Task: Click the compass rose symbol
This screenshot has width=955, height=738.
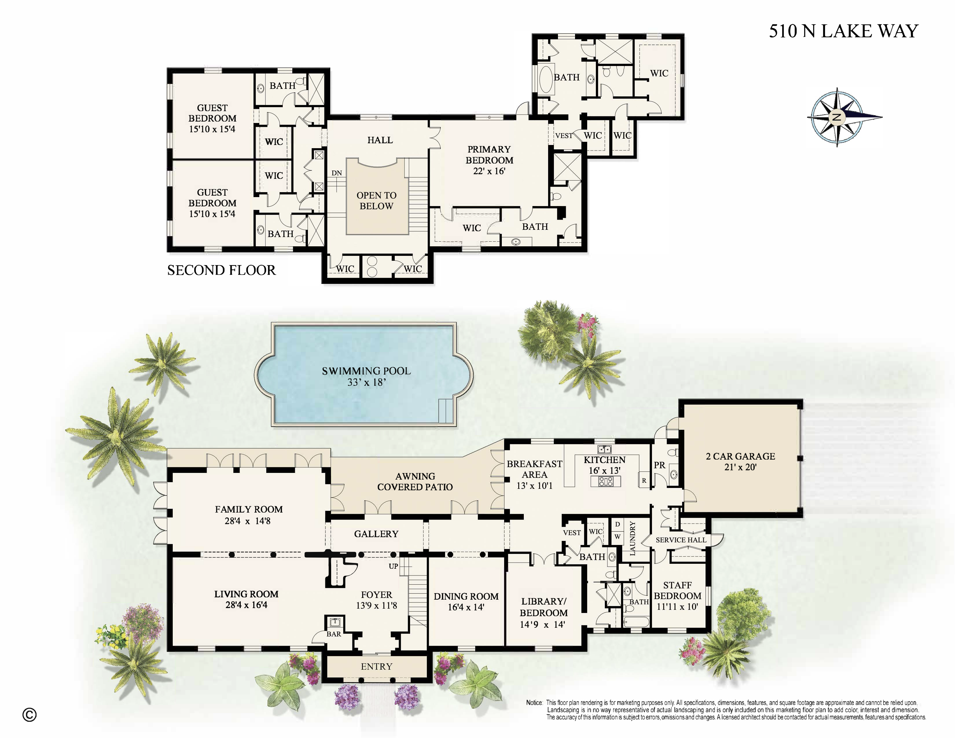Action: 837,117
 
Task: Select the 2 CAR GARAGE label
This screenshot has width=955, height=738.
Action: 740,456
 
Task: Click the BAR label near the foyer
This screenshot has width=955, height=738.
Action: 334,634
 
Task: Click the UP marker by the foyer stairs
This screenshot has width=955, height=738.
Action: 393,566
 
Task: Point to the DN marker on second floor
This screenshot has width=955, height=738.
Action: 336,173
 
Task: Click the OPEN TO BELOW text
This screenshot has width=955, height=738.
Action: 377,201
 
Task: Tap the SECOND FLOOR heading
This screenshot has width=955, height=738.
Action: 221,270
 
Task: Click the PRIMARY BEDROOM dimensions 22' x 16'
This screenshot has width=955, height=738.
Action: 489,171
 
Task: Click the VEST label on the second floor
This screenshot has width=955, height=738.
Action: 564,135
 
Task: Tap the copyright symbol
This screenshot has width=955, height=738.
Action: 29,715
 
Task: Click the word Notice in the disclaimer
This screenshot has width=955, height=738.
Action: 534,703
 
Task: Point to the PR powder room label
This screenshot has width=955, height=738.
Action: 660,465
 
